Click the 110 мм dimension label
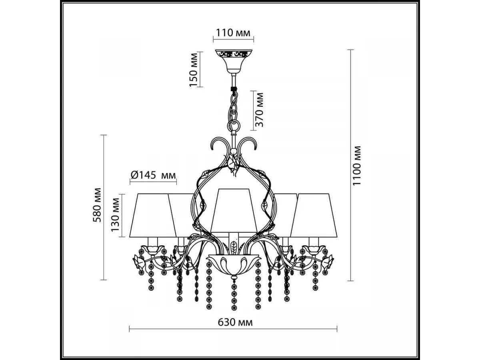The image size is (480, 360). (x=233, y=33)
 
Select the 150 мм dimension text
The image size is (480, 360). (x=194, y=70)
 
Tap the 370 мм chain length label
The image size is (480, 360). (x=259, y=110)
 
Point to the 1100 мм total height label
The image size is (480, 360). (x=357, y=166)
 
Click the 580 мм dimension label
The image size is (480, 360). (x=97, y=205)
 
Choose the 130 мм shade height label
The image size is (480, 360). (x=115, y=215)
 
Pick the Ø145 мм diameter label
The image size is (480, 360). (x=153, y=175)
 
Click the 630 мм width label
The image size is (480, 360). (x=235, y=322)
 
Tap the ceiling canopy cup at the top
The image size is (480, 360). (x=234, y=61)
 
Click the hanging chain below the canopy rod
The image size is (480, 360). (x=234, y=112)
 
